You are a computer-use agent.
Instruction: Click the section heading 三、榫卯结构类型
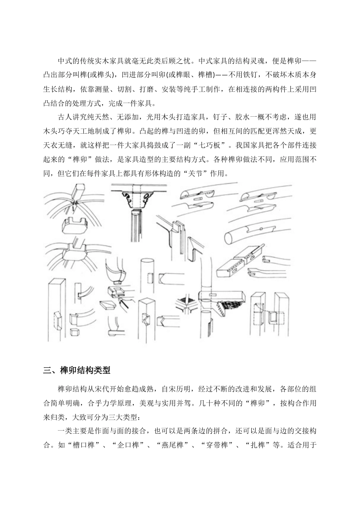click(x=77, y=370)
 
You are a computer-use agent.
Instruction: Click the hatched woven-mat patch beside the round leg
click(x=229, y=306)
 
